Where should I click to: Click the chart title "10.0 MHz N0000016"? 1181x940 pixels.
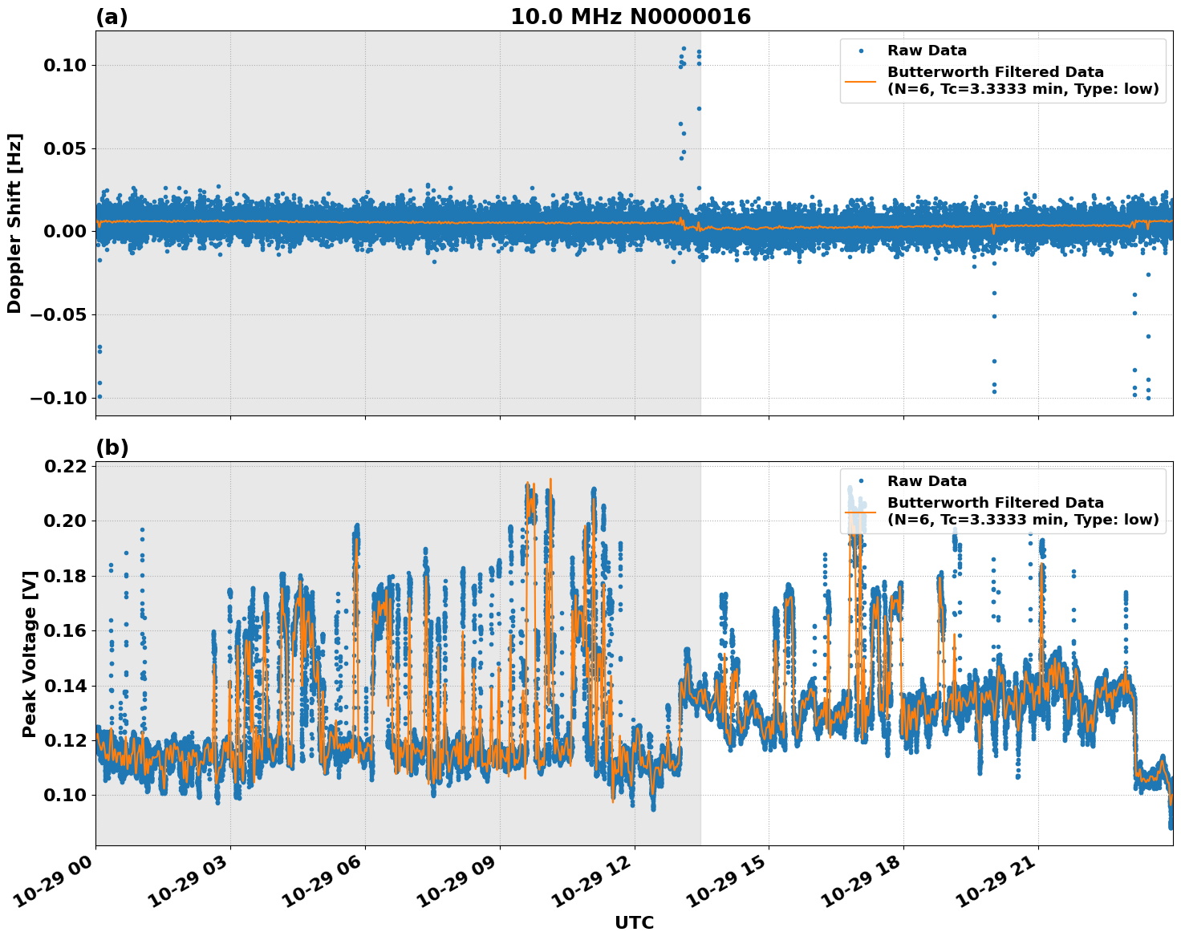[631, 17]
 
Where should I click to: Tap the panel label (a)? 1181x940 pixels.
[112, 17]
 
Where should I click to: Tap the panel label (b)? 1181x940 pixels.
[112, 448]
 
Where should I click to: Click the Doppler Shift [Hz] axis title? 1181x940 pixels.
[14, 223]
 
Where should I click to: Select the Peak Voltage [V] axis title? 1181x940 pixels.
[30, 671]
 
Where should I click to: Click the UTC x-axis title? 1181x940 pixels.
[634, 922]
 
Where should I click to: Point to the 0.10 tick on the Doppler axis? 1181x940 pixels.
[64, 65]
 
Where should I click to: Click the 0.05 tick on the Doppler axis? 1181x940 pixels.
[64, 148]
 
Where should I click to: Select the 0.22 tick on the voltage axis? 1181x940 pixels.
[64, 466]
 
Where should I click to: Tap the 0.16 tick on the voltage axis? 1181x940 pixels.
[64, 630]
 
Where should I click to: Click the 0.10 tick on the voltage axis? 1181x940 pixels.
[64, 795]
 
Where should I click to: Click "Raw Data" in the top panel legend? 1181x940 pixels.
[927, 51]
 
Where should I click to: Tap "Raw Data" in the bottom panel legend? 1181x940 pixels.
[927, 481]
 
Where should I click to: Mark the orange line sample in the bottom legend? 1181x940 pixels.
[861, 512]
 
